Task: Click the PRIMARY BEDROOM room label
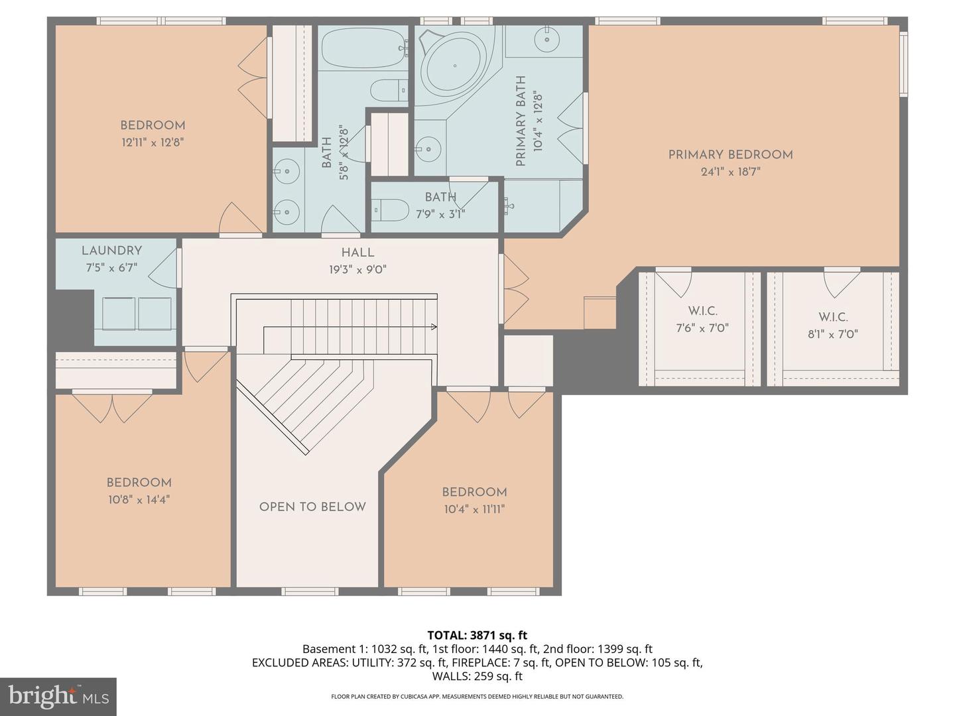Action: coord(730,154)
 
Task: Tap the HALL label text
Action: coord(357,253)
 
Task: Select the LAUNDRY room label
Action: coord(111,251)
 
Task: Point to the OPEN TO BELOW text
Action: coord(312,507)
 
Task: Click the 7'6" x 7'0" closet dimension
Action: coord(702,328)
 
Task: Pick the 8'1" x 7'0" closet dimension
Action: coord(832,334)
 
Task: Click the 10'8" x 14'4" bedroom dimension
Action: coord(139,500)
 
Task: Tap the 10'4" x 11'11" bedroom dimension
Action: coord(474,509)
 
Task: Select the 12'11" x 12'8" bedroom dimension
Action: coord(152,142)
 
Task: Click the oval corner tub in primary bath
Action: coord(454,66)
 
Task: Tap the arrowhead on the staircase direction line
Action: coord(434,326)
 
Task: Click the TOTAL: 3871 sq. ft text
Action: coord(477,635)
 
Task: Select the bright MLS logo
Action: coord(58,696)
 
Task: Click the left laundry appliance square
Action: coord(119,314)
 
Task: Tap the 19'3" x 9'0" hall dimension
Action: coord(357,270)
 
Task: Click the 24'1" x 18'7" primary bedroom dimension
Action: coord(730,172)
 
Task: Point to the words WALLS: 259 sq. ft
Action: coord(477,676)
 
